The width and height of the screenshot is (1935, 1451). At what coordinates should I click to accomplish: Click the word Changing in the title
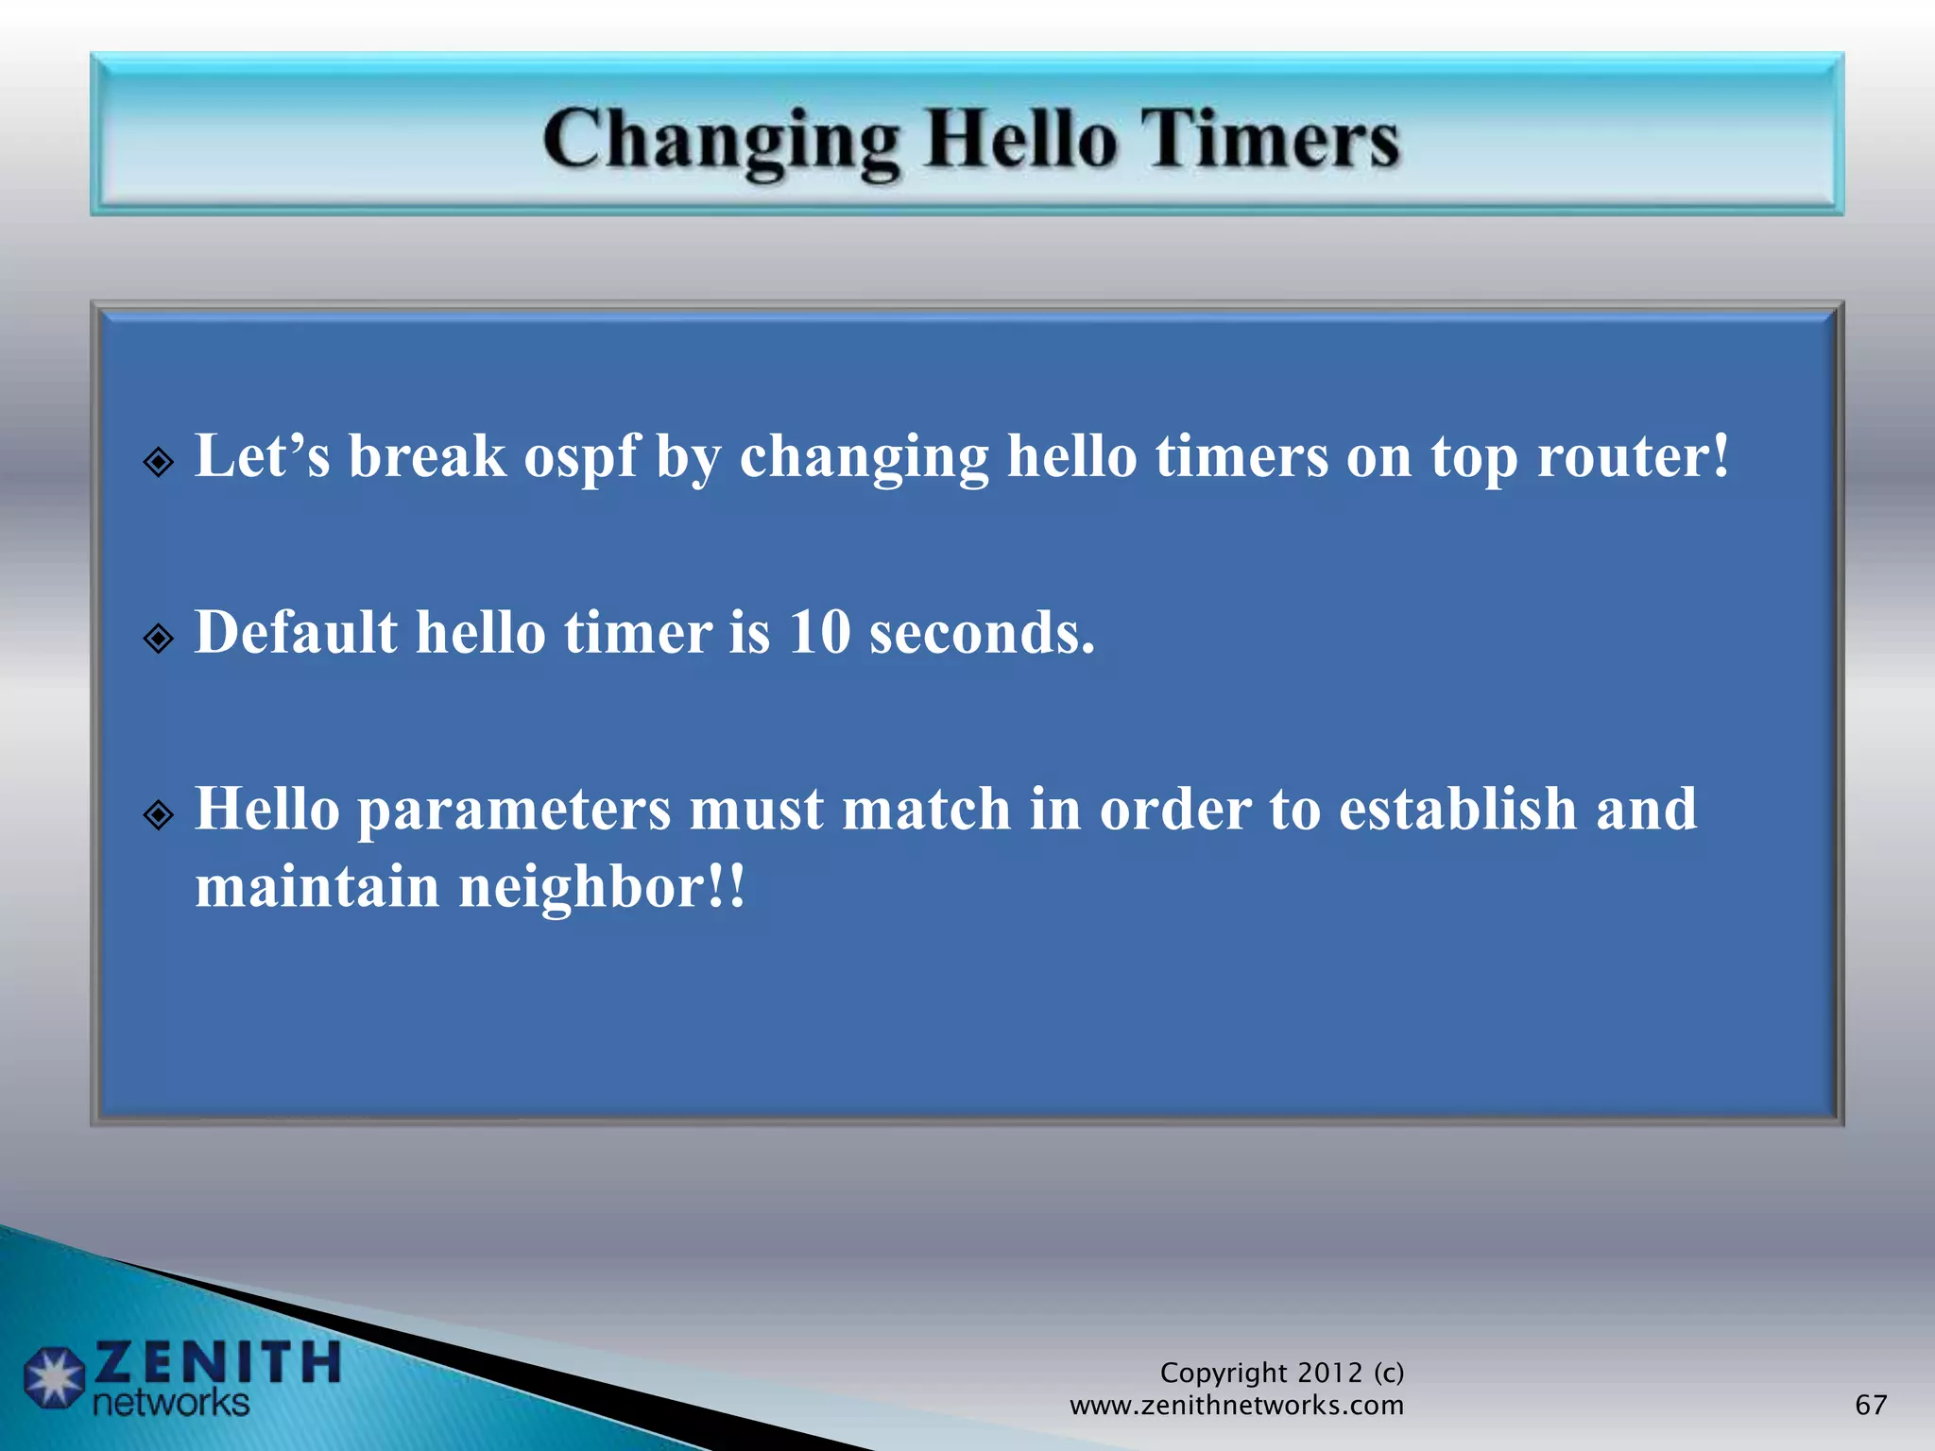[x=721, y=142]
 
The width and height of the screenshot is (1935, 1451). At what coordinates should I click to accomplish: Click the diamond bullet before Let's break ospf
[x=159, y=463]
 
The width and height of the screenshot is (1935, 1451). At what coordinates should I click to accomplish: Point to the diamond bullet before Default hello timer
[x=159, y=639]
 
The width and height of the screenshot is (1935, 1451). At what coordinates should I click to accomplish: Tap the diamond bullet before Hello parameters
[x=159, y=814]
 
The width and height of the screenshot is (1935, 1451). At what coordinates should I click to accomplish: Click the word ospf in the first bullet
[x=580, y=458]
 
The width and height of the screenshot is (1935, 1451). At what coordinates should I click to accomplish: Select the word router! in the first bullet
[x=1633, y=456]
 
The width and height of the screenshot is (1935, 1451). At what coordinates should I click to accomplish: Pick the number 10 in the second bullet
[x=819, y=632]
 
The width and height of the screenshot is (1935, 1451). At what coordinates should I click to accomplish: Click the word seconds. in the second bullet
[x=982, y=632]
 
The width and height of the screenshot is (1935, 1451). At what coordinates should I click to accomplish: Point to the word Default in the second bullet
[x=296, y=632]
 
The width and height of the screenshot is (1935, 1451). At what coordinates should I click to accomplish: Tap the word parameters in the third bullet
[x=514, y=811]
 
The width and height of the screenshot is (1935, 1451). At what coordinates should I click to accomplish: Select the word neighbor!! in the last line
[x=602, y=887]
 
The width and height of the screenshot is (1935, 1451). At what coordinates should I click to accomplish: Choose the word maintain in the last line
[x=317, y=887]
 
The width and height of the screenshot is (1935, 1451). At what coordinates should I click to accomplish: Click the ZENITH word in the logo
[x=217, y=1362]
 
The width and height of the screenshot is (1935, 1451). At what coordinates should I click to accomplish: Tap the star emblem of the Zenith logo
[x=54, y=1377]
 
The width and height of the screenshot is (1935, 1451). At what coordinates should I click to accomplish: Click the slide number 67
[x=1871, y=1405]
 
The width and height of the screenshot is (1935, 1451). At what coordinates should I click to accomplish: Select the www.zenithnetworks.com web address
[x=1236, y=1406]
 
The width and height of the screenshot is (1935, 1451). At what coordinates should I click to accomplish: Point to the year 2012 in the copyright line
[x=1329, y=1373]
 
